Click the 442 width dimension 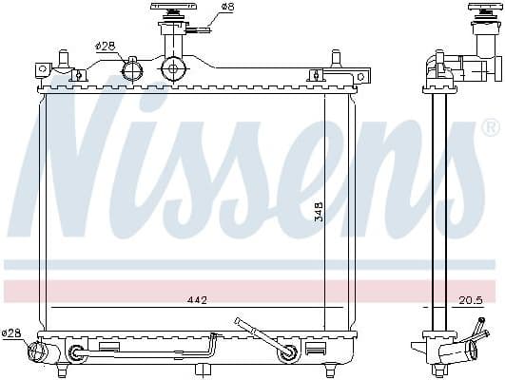pyautogui.click(x=197, y=300)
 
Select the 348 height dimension pyautogui.click(x=319, y=211)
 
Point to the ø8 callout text pyautogui.click(x=227, y=8)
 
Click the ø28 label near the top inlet pyautogui.click(x=105, y=45)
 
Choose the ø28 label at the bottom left pyautogui.click(x=11, y=332)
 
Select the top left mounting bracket pyautogui.click(x=44, y=68)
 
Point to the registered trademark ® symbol pyautogui.click(x=490, y=126)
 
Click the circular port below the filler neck pyautogui.click(x=173, y=68)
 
